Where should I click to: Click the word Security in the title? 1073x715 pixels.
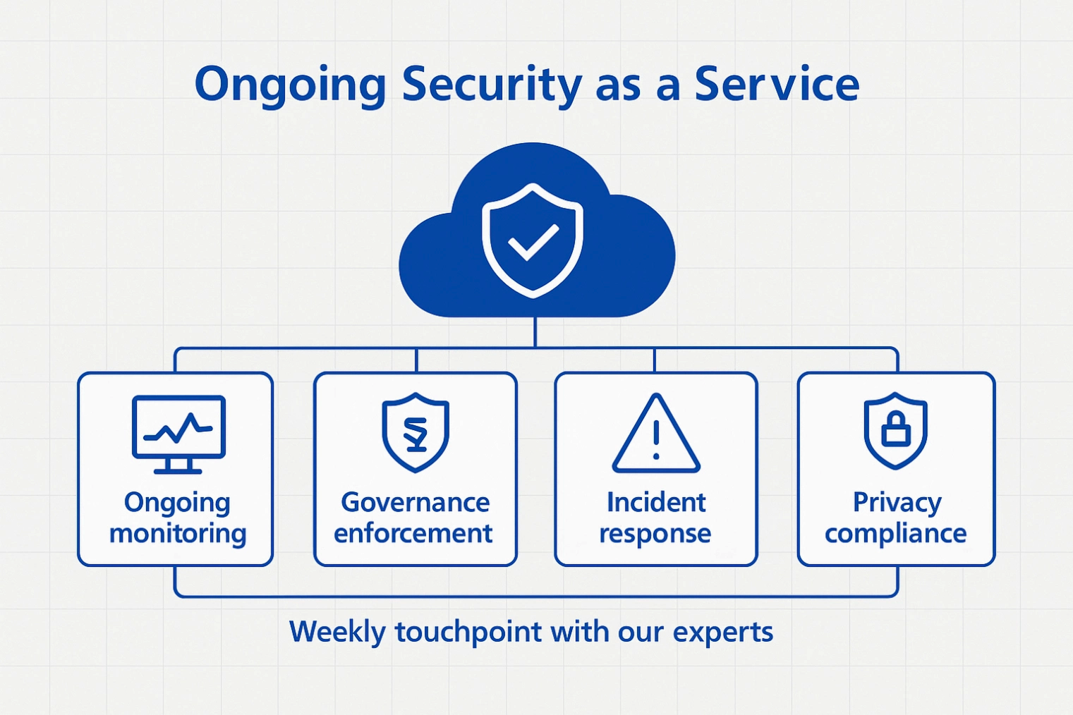[x=492, y=86]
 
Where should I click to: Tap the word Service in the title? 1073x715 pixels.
[x=777, y=85]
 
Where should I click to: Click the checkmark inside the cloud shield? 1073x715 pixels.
[x=533, y=242]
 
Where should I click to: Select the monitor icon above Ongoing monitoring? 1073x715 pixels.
[x=178, y=434]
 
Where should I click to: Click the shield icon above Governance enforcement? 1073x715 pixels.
[x=416, y=432]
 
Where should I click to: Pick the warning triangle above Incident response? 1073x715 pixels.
[x=656, y=434]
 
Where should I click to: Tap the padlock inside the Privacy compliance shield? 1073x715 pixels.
[x=895, y=429]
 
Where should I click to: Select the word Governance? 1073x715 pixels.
[x=416, y=503]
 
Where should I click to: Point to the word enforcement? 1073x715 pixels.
[x=413, y=533]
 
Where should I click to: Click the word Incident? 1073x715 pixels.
[x=656, y=502]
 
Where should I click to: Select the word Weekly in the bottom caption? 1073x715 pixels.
[x=338, y=632]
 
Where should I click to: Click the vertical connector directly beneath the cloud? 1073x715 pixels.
[x=535, y=332]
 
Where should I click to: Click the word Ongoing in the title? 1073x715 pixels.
[x=290, y=87]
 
